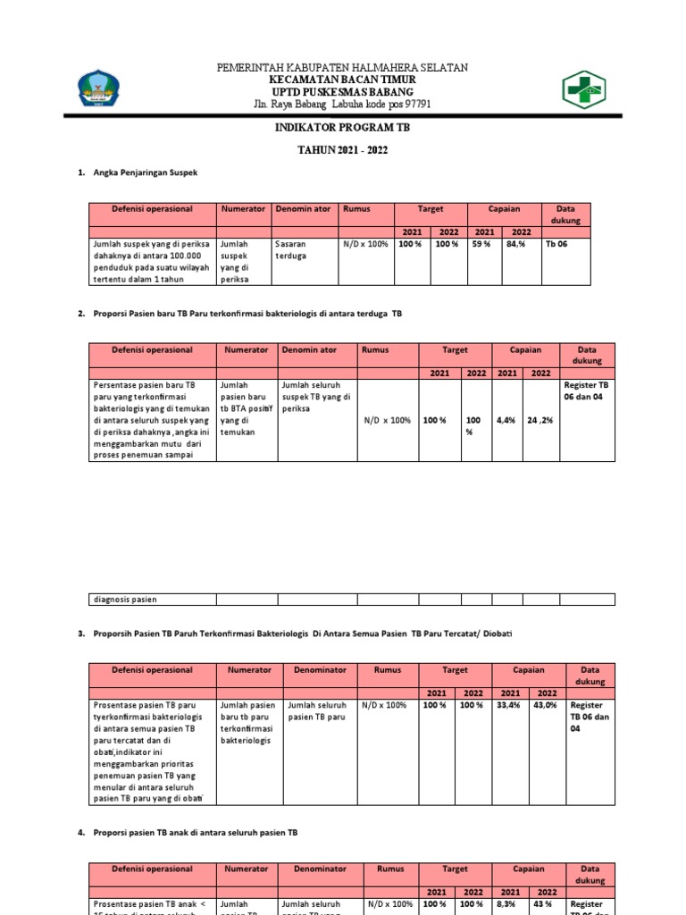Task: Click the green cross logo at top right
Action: coord(583,89)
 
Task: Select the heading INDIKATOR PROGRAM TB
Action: coord(342,128)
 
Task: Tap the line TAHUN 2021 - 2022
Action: coord(342,149)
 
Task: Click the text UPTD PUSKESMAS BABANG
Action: coord(342,91)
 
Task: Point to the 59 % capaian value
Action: coord(482,243)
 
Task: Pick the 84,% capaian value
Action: coord(516,243)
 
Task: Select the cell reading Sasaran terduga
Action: coord(291,248)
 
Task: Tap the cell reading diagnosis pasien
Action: coord(124,600)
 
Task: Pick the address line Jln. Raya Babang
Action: coord(342,104)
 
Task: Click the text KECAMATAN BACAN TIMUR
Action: coord(342,80)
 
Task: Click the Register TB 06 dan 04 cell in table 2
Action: coord(585,388)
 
